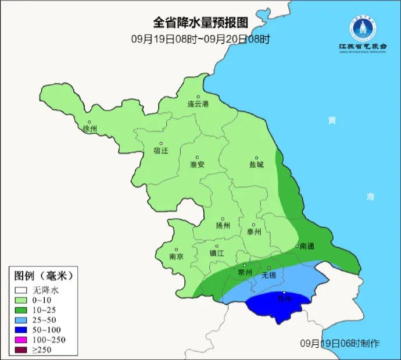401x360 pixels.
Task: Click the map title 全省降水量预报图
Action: click(201, 23)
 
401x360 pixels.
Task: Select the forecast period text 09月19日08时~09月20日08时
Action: click(201, 40)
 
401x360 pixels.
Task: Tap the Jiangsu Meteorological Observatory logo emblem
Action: click(363, 27)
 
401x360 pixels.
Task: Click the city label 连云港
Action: click(198, 104)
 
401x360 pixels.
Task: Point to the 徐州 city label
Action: click(90, 129)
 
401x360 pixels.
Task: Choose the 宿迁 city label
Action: click(160, 151)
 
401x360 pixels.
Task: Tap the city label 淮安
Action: click(197, 165)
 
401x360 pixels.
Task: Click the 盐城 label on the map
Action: click(256, 165)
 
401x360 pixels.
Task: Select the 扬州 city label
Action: click(223, 226)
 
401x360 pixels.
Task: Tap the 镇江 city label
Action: click(217, 254)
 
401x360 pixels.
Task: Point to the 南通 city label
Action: click(306, 247)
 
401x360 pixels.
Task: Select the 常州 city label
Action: click(245, 272)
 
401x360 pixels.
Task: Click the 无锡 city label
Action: click(269, 275)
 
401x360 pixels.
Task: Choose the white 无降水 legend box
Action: click(22, 290)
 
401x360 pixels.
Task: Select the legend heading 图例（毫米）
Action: click(43, 275)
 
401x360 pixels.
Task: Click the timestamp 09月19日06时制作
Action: click(340, 343)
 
